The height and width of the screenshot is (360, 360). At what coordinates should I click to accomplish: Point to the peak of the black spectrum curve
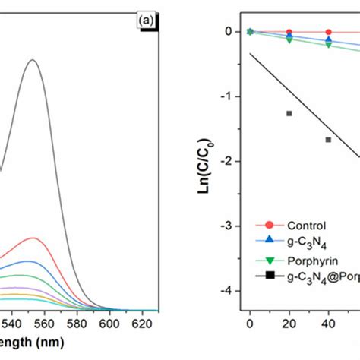tap(33, 60)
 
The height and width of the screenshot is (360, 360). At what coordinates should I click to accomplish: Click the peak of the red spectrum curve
tap(33, 238)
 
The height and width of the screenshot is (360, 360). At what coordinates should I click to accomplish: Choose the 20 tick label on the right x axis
tap(289, 322)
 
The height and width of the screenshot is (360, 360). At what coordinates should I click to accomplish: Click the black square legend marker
tap(269, 278)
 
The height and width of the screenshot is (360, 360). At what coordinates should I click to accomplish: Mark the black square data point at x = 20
tap(289, 113)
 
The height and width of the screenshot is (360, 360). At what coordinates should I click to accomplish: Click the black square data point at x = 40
tap(328, 140)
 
